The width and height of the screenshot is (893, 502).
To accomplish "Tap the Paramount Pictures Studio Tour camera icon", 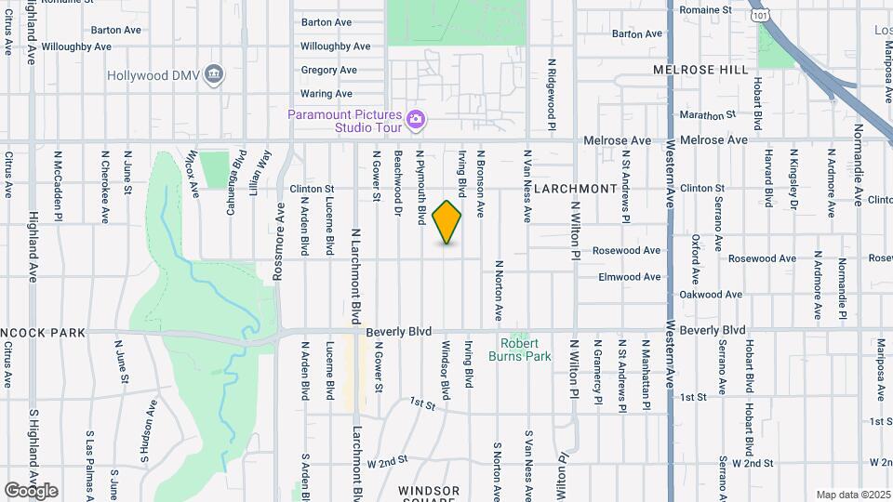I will point(416,118).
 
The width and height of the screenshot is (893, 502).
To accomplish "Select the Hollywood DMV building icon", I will point(215,73).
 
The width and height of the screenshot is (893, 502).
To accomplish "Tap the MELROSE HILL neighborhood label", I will point(700,70).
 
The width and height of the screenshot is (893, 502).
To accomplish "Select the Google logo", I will point(31,490).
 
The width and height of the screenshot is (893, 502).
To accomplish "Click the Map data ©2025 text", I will point(852,495).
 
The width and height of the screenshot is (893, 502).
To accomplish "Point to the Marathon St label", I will point(708,116).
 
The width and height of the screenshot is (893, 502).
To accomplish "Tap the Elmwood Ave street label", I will point(630,277).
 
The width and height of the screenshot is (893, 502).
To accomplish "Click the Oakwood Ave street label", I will point(711,295).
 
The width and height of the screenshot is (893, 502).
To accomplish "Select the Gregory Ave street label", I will point(328,70).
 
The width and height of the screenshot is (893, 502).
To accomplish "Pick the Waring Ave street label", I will point(327,94).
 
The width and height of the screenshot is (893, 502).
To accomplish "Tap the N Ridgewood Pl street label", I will point(552,99).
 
